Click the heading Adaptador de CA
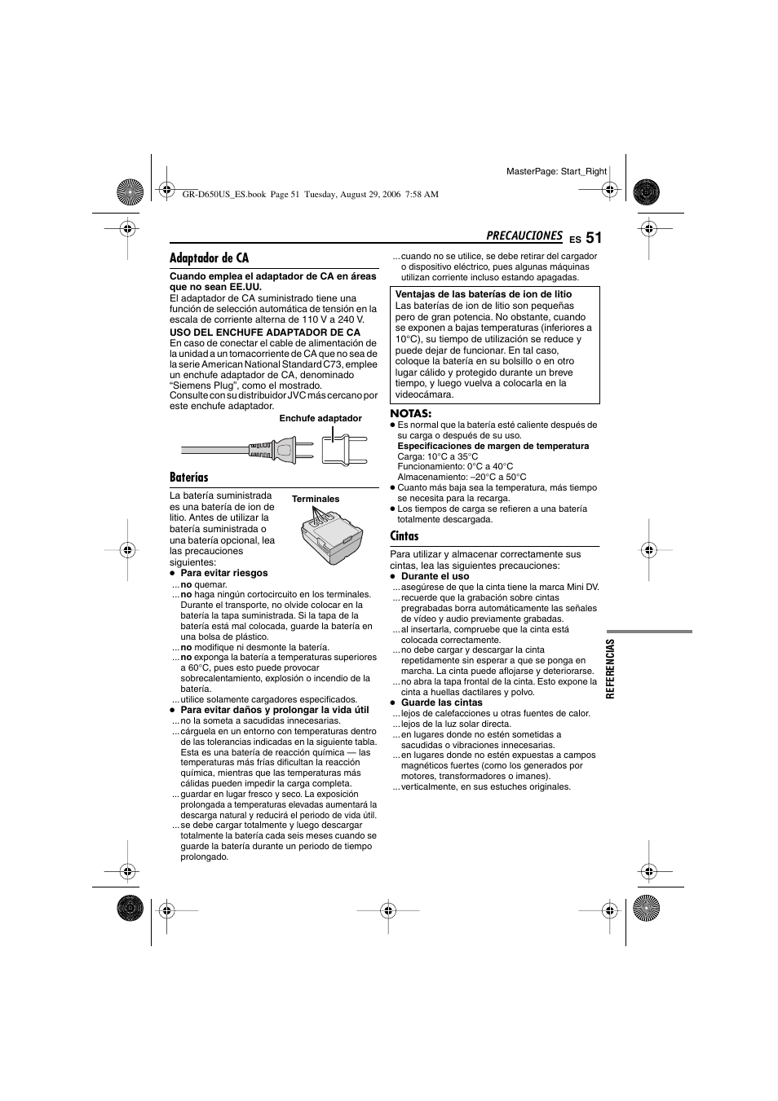209,258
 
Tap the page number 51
593,238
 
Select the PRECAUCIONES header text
524,236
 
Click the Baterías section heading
189,478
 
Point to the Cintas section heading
404,536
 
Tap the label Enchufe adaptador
320,419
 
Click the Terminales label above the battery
316,500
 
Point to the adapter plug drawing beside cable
339,449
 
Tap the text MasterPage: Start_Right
556,172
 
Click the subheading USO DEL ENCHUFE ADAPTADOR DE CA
264,333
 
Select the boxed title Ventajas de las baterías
484,295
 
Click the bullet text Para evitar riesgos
224,573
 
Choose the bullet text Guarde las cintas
441,702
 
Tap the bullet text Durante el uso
435,576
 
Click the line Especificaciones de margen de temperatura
493,447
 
